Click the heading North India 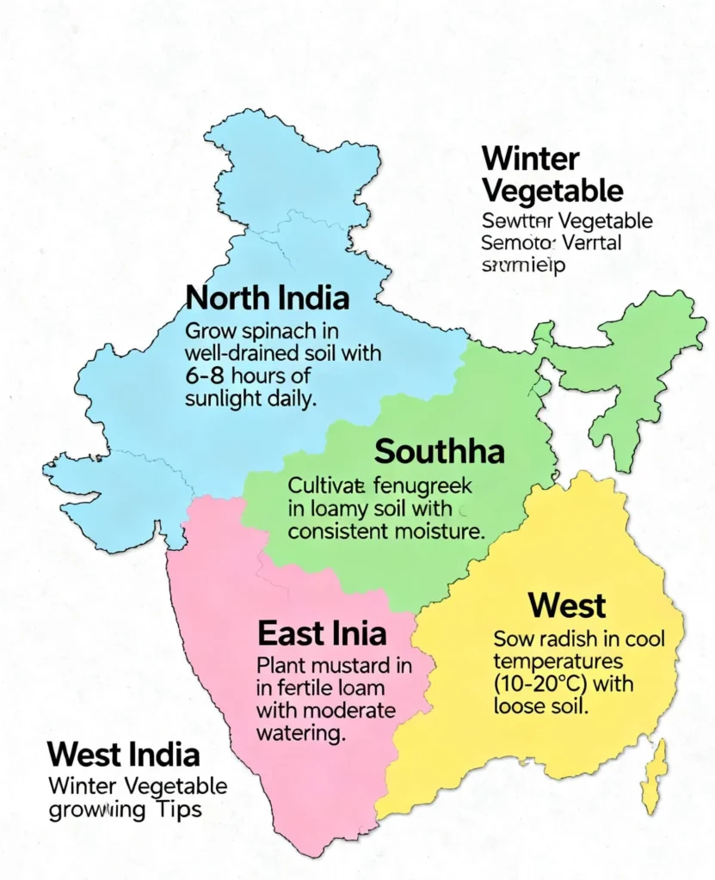pyautogui.click(x=268, y=299)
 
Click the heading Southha pyautogui.click(x=440, y=451)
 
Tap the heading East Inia pyautogui.click(x=322, y=634)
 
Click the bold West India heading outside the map pyautogui.click(x=124, y=755)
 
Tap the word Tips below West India pyautogui.click(x=180, y=810)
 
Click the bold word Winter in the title pyautogui.click(x=530, y=159)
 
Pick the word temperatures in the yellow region pyautogui.click(x=558, y=663)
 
